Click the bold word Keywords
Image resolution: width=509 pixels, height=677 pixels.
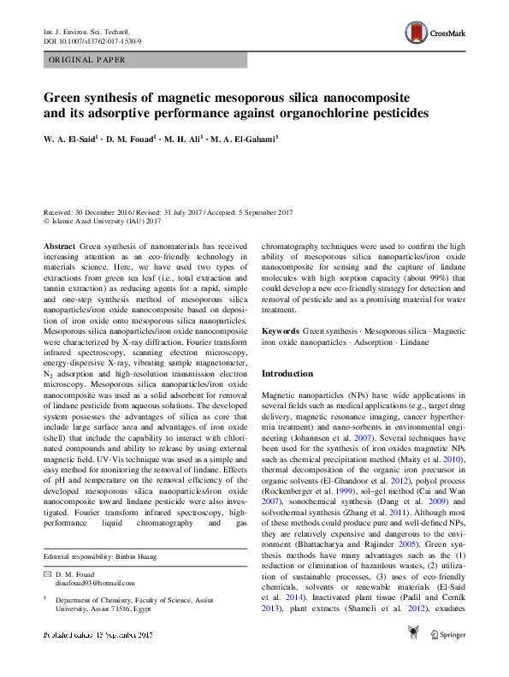280,330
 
